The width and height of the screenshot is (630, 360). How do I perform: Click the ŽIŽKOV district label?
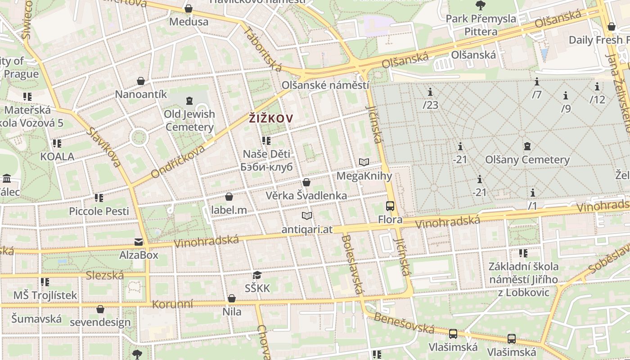click(x=271, y=119)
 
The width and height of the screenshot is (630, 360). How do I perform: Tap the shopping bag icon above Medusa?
click(x=189, y=9)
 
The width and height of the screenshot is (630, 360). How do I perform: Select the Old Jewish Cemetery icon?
click(x=189, y=100)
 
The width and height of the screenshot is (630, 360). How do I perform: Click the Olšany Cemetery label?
click(x=527, y=160)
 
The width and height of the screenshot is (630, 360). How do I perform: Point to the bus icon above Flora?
click(x=390, y=206)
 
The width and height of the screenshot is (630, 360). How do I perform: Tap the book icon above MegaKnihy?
click(x=364, y=162)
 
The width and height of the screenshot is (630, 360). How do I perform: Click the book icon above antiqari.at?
click(x=307, y=216)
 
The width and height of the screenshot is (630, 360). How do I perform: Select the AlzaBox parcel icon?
click(x=139, y=242)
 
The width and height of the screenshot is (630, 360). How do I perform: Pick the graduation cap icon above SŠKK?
click(x=257, y=275)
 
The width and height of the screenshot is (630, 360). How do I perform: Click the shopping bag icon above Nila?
click(x=232, y=298)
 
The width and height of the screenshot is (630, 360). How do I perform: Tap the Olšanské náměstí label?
click(x=325, y=85)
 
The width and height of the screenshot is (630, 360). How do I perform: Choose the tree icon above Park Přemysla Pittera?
click(x=481, y=5)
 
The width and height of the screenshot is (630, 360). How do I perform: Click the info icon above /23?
click(x=430, y=92)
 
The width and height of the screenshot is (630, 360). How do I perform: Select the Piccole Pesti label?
click(x=99, y=211)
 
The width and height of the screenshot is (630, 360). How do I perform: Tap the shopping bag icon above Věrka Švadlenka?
click(x=306, y=182)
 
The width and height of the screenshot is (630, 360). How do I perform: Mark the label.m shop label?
click(x=229, y=210)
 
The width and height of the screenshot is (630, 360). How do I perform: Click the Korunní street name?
click(x=172, y=304)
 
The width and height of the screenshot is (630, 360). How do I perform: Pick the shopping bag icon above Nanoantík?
click(x=141, y=81)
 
